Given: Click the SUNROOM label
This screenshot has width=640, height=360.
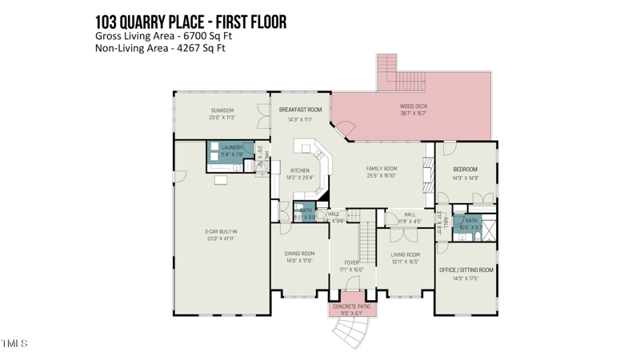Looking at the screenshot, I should (x=222, y=110).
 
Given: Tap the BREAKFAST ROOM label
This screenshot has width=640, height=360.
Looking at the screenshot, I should (x=300, y=109).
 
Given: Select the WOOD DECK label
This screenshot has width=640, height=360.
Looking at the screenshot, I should (x=414, y=106).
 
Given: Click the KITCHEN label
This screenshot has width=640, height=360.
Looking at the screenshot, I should (x=299, y=170).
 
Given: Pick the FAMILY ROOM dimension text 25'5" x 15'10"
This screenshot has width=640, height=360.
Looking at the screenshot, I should (x=382, y=176).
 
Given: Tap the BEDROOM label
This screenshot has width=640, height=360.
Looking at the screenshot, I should (x=465, y=170).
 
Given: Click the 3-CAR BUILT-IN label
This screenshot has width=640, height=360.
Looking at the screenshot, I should (x=221, y=232).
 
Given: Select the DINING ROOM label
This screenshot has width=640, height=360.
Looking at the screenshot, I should (x=299, y=254).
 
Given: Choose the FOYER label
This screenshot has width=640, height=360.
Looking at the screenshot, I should (x=351, y=262).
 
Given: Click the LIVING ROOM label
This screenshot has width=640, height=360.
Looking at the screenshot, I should (x=406, y=254).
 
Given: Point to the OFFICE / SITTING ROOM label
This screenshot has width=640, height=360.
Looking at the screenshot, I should (x=466, y=270).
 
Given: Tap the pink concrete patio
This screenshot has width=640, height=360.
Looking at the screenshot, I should (x=352, y=310).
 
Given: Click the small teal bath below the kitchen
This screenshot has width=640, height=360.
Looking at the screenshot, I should (x=306, y=214).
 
